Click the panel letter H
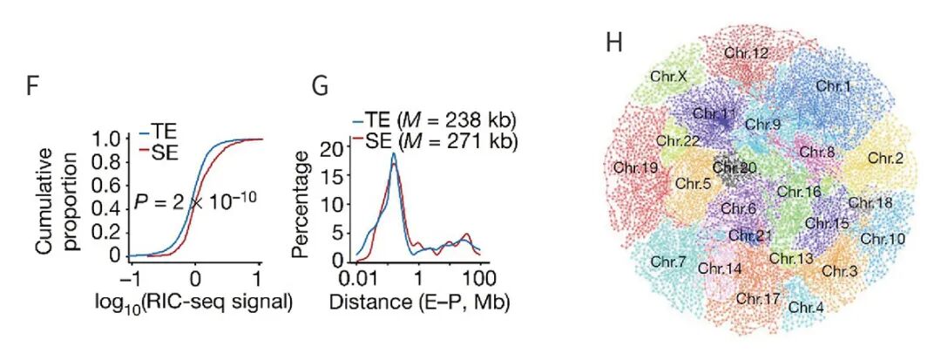pyautogui.click(x=613, y=43)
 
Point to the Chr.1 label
pyautogui.click(x=834, y=85)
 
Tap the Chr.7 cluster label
pyautogui.click(x=668, y=260)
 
